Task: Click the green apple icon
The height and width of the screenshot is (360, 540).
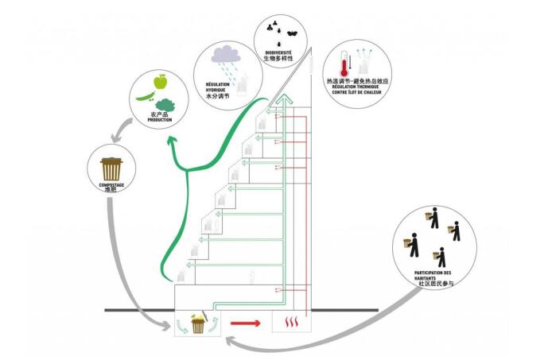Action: pos(160,81)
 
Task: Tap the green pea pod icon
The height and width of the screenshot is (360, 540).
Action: pos(144,96)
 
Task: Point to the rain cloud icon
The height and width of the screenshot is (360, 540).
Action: pos(226,56)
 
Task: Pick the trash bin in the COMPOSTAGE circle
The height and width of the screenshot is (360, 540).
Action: pos(111,168)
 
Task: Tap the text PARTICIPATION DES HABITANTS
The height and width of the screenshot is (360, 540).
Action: pos(435,276)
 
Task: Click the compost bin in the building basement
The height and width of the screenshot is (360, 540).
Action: pos(196,323)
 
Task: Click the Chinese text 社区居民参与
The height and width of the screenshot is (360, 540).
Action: pos(435,286)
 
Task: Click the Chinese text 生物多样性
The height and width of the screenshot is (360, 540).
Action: pos(279,59)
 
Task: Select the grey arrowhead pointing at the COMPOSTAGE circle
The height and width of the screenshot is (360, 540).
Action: pos(116,139)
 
